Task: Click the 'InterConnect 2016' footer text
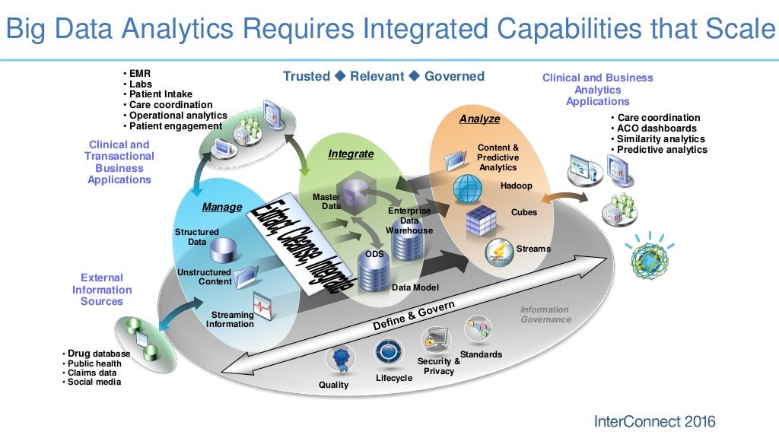pyautogui.click(x=653, y=421)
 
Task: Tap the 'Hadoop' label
pyautogui.click(x=516, y=186)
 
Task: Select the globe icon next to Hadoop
pyautogui.click(x=467, y=187)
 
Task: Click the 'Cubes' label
pyautogui.click(x=523, y=212)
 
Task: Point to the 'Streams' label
pyautogui.click(x=533, y=249)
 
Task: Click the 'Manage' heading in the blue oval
pyautogui.click(x=221, y=207)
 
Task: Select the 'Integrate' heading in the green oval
pyautogui.click(x=351, y=154)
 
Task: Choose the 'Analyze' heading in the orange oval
pyautogui.click(x=479, y=119)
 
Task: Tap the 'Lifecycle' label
pyautogui.click(x=394, y=378)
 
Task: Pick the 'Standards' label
pyautogui.click(x=481, y=354)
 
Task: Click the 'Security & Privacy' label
pyautogui.click(x=439, y=366)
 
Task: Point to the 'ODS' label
pyautogui.click(x=374, y=254)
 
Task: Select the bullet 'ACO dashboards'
pyautogui.click(x=657, y=129)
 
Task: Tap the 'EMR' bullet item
pyautogui.click(x=139, y=74)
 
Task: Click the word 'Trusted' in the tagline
pyautogui.click(x=306, y=76)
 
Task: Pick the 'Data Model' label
pyautogui.click(x=415, y=287)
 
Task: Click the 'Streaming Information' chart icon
pyautogui.click(x=262, y=308)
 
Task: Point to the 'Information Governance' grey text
pyautogui.click(x=545, y=314)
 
